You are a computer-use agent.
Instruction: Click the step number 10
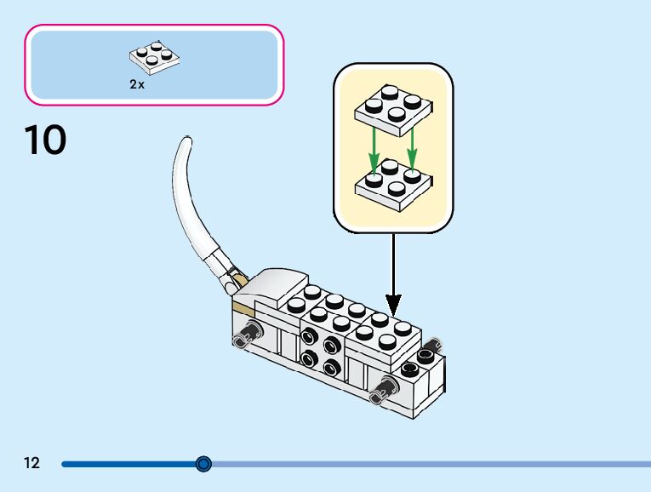coord(45,140)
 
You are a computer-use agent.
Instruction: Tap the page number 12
coord(31,464)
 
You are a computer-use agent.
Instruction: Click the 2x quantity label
coord(136,85)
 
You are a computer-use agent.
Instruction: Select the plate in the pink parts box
coord(156,55)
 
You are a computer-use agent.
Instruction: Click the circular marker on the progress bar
coord(203,464)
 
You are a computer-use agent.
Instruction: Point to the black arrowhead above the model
coord(393,303)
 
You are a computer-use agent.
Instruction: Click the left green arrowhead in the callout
coord(372,161)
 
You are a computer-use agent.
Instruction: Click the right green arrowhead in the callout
coord(412,158)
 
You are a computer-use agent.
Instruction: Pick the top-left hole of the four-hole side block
coord(314,340)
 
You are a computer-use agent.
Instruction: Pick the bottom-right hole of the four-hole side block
coord(331,368)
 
